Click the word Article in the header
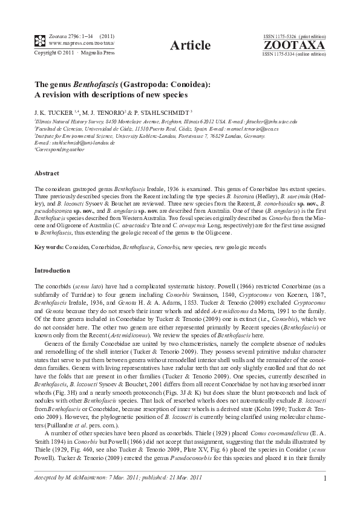(x=191, y=45)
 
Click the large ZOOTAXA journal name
(x=294, y=45)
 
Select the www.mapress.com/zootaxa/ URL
(x=73, y=44)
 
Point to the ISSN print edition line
(x=295, y=36)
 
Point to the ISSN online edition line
(x=294, y=54)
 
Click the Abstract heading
(x=47, y=173)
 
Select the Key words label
(x=50, y=247)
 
